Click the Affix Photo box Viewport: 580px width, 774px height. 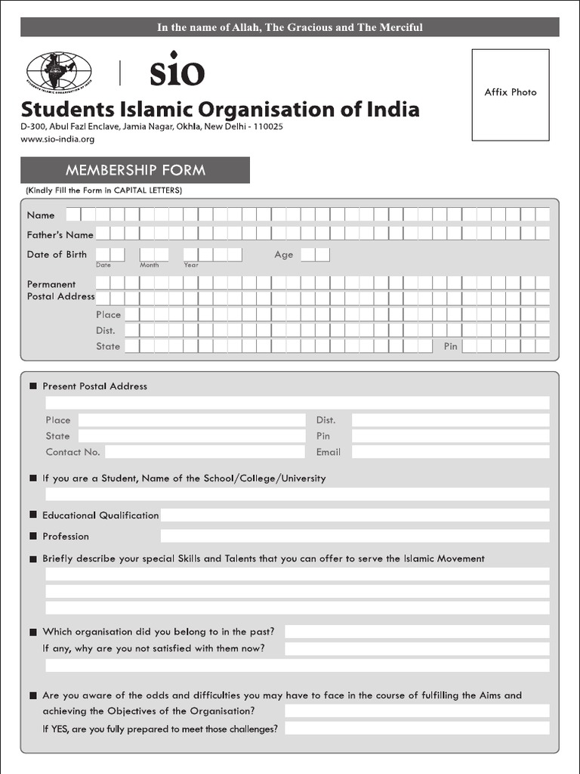[x=511, y=94]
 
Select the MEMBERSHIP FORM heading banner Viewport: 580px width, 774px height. [x=135, y=170]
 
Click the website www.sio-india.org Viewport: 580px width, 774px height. [x=57, y=139]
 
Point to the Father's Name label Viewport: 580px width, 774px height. [x=60, y=234]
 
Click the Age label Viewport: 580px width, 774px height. [x=284, y=255]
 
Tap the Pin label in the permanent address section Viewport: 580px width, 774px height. [x=451, y=346]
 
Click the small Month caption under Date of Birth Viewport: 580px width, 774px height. [x=150, y=265]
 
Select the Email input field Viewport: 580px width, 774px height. [x=450, y=452]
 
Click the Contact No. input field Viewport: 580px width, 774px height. [x=205, y=452]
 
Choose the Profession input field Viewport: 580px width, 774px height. [x=354, y=536]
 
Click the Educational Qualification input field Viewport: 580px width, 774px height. [x=354, y=515]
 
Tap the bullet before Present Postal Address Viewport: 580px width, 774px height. [x=33, y=386]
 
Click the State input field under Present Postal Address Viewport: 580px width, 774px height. [x=192, y=436]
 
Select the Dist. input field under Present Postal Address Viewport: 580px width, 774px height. [x=450, y=420]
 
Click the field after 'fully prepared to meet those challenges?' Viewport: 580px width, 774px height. [x=417, y=729]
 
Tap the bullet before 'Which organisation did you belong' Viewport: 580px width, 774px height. [x=33, y=632]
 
